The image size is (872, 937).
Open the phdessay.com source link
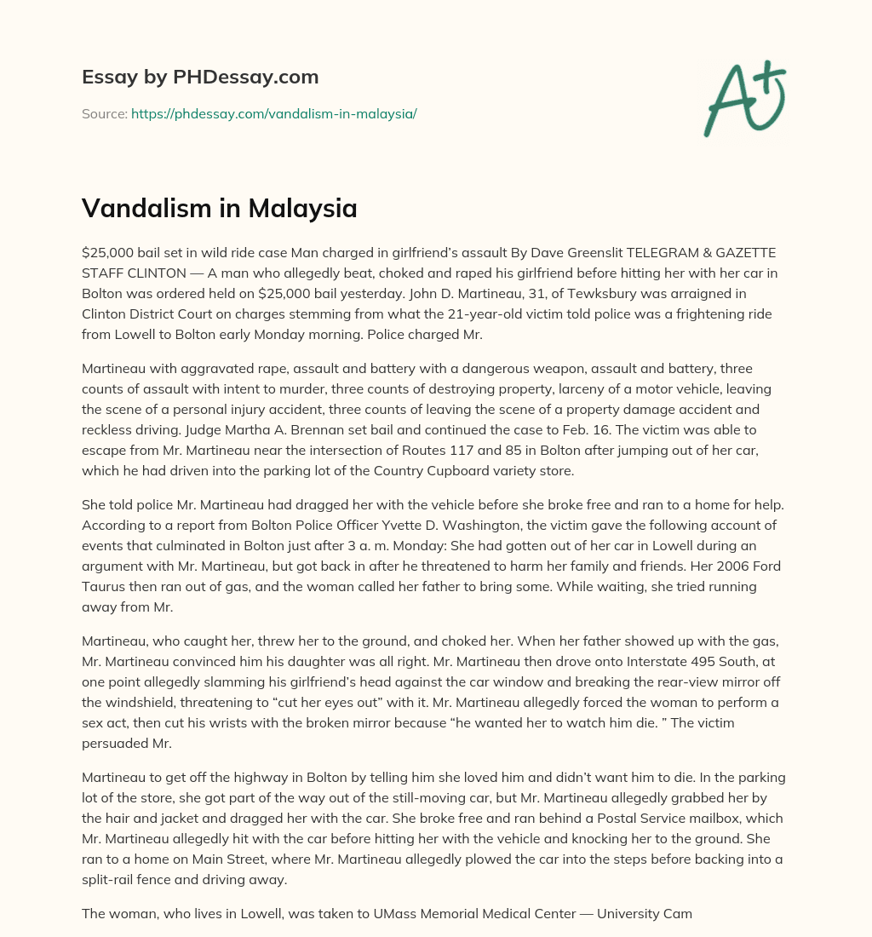click(x=273, y=113)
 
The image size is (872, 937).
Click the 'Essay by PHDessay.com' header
click(x=200, y=78)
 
